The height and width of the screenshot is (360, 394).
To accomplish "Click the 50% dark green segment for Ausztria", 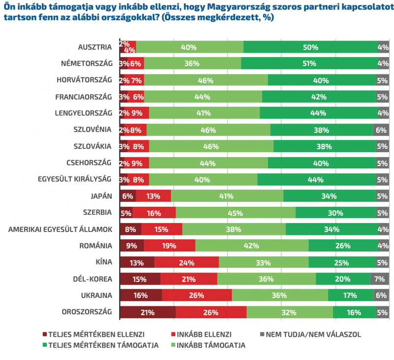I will click(x=310, y=47).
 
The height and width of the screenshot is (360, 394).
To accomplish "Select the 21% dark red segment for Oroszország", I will click(x=147, y=312).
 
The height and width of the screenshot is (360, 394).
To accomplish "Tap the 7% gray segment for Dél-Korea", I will click(x=379, y=279).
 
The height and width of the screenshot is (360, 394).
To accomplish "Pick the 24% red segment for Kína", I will click(x=186, y=262).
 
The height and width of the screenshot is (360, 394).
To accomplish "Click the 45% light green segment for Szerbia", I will click(x=235, y=213).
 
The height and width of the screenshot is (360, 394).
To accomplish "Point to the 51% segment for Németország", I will click(x=308, y=64).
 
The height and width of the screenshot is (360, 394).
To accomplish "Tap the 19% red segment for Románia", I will click(x=169, y=246).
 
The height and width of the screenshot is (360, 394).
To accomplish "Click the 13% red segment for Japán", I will click(x=153, y=196).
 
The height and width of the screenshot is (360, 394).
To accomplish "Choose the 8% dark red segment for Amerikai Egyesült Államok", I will click(x=131, y=229).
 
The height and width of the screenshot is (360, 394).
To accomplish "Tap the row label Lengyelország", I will click(x=84, y=113).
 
